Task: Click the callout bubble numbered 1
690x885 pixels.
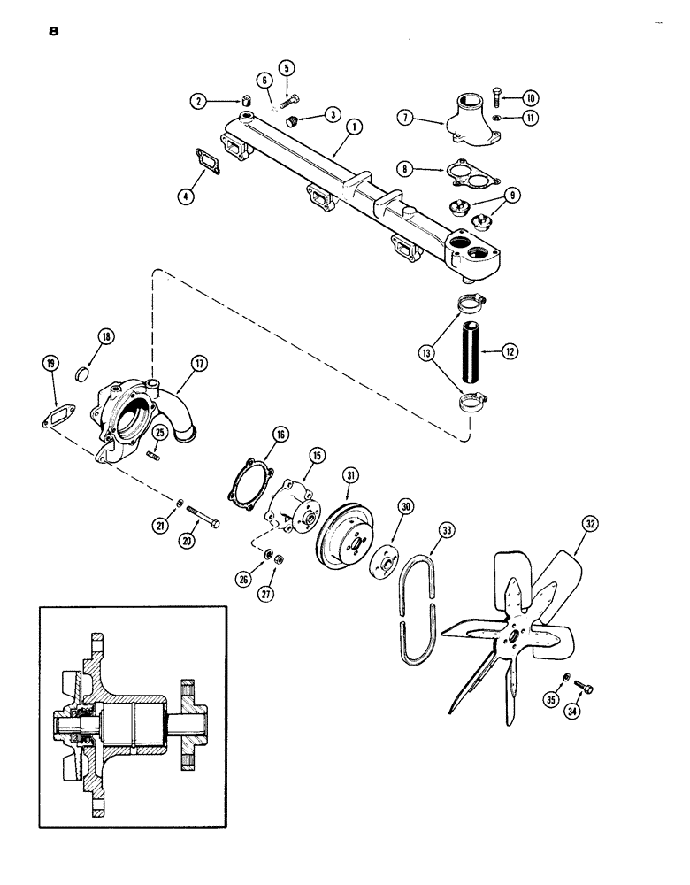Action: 353,127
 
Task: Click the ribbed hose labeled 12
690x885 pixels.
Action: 466,351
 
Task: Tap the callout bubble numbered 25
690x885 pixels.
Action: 160,432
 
